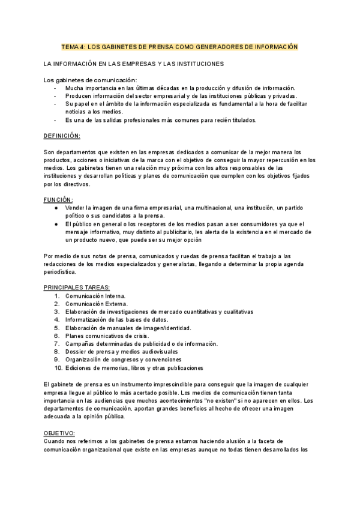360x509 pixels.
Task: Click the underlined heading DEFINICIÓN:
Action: (62, 136)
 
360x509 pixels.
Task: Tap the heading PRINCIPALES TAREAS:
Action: (77, 288)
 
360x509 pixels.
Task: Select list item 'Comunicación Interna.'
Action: (95, 296)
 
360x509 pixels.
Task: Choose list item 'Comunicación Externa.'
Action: (96, 304)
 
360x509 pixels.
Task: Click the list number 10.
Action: (58, 367)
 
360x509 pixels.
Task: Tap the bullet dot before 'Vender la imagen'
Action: (56, 208)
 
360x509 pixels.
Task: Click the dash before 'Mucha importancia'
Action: (55, 88)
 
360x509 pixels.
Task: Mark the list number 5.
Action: (57, 328)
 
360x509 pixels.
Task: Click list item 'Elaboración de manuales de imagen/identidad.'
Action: (128, 328)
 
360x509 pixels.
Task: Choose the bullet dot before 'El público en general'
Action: (56, 223)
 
